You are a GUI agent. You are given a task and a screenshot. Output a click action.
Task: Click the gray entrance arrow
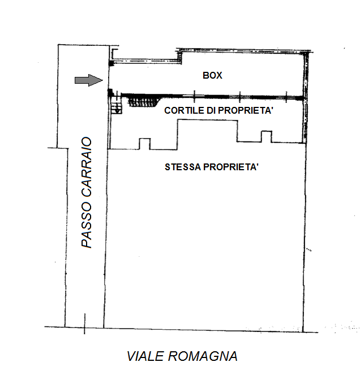89,80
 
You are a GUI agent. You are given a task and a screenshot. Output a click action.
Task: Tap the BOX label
212,75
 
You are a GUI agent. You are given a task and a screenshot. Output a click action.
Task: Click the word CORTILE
184,110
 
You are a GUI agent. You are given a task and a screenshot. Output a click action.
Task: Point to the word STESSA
182,167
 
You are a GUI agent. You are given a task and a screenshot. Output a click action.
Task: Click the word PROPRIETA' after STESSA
231,167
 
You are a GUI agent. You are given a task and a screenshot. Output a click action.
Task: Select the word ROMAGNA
203,356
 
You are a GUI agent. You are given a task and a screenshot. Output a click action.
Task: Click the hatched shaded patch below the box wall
144,102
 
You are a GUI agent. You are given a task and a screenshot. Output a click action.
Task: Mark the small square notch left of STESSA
145,144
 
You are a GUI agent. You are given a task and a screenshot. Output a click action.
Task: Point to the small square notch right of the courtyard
267,136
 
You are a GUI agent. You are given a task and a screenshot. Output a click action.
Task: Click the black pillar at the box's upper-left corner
111,63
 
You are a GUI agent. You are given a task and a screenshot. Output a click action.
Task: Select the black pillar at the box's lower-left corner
110,93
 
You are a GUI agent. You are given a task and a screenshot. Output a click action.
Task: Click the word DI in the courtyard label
211,110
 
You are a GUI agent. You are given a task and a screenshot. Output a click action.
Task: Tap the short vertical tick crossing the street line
84,324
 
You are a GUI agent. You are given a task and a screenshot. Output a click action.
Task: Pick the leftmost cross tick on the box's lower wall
194,97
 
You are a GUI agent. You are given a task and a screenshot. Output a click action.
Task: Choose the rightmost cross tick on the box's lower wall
286,97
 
